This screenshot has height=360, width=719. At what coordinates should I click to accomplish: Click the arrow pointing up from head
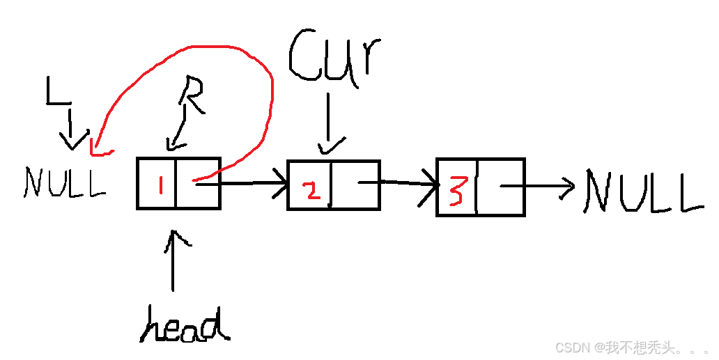coord(171,261)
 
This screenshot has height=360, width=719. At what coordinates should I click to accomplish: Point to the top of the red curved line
coord(209,47)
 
